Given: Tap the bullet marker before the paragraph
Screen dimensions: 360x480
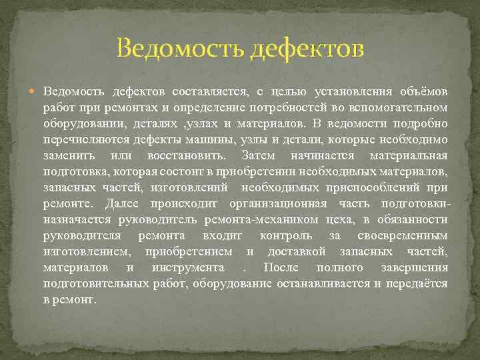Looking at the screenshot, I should pos(36,91).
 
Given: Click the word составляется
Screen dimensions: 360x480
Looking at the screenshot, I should pos(210,91).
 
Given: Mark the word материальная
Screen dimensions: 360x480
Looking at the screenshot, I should pos(408,155).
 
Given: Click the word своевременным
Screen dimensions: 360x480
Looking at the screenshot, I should pos(402,235).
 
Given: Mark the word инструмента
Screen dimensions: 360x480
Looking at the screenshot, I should pos(187,267).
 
